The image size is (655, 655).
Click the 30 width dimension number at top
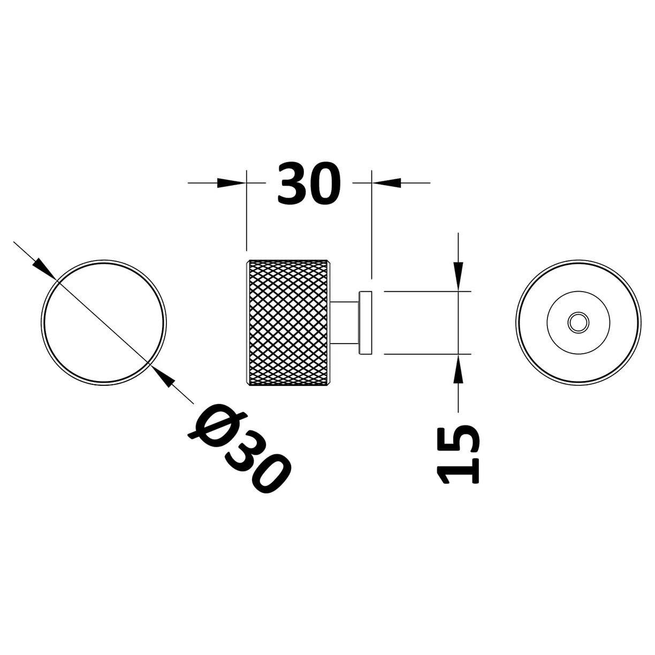point(309,183)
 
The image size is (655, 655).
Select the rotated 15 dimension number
point(459,454)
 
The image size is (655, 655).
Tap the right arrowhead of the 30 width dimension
point(386,183)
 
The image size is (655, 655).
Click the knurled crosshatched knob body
point(289,323)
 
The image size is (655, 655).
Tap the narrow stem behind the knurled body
point(346,323)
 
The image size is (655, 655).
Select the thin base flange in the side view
point(366,323)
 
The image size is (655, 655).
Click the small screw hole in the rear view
point(578,323)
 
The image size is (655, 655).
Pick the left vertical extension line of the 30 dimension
point(246,214)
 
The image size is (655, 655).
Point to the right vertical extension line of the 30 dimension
point(371,225)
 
